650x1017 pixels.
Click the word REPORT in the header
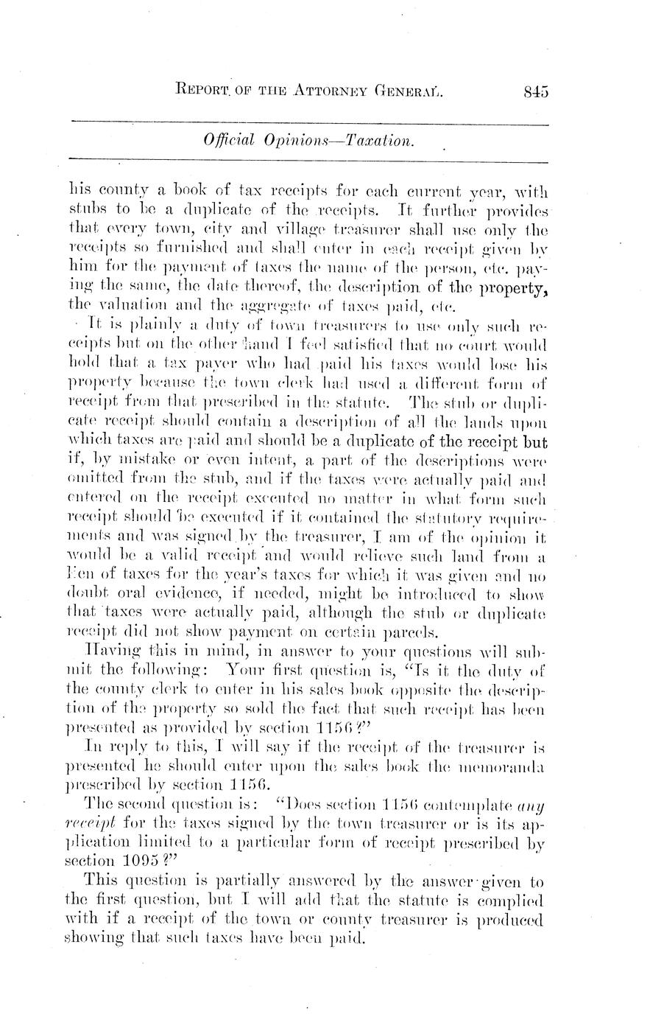[x=206, y=91]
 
